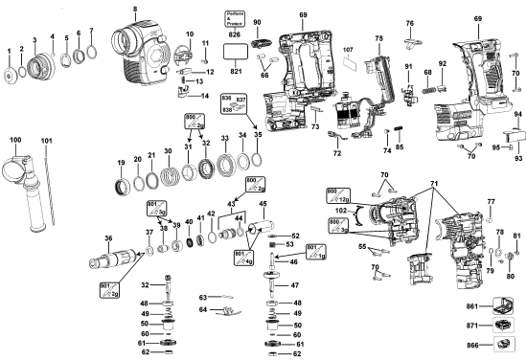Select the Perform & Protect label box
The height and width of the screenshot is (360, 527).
coord(235,16)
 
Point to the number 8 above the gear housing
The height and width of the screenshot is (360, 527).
coord(135,9)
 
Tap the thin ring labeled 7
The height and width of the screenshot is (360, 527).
coord(92,51)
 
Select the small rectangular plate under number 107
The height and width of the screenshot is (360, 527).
coord(349,67)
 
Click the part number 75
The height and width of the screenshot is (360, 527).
coord(378,38)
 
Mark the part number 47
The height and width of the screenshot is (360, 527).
coord(294,285)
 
